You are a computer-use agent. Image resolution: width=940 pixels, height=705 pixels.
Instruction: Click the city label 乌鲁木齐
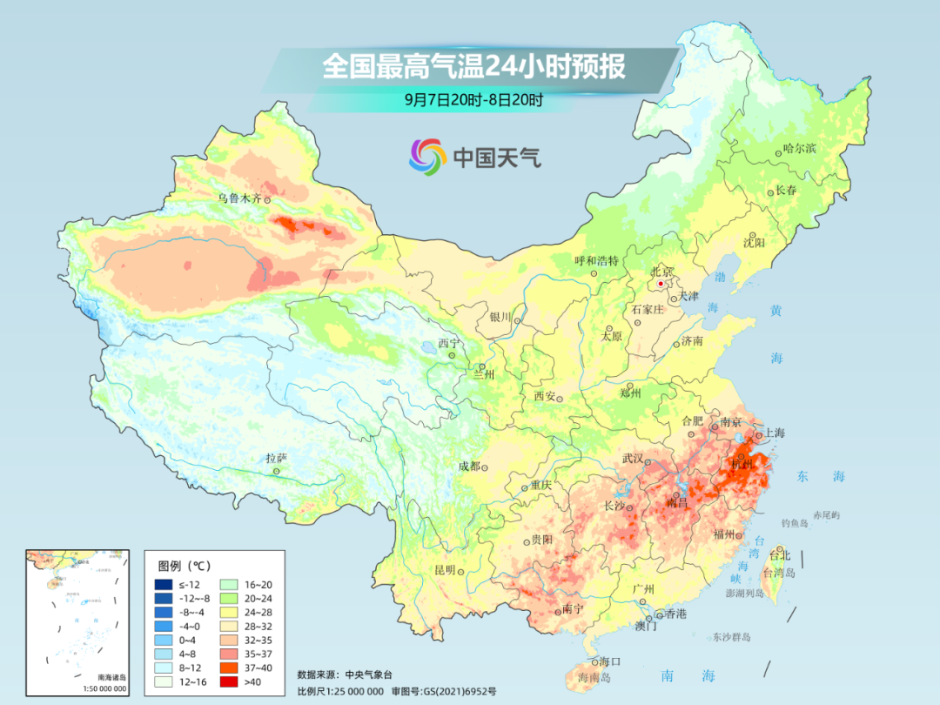pyautogui.click(x=238, y=198)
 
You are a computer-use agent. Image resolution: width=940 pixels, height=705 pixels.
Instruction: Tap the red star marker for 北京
pyautogui.click(x=661, y=284)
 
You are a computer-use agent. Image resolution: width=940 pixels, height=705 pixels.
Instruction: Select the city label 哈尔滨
pyautogui.click(x=799, y=149)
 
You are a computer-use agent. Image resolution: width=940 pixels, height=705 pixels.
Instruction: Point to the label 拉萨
pyautogui.click(x=275, y=458)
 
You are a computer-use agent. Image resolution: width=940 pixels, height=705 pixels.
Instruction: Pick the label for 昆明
pyautogui.click(x=444, y=570)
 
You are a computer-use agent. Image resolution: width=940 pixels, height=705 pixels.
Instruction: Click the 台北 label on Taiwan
pyautogui.click(x=780, y=554)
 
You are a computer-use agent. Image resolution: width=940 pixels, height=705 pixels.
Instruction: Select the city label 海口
pyautogui.click(x=609, y=662)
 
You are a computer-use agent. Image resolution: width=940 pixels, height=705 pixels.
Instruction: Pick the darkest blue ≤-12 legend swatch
pyautogui.click(x=163, y=585)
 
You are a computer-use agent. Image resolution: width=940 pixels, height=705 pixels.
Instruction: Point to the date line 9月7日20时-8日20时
pyautogui.click(x=473, y=100)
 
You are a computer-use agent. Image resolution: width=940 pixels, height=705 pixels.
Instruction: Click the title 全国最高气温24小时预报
pyautogui.click(x=473, y=67)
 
